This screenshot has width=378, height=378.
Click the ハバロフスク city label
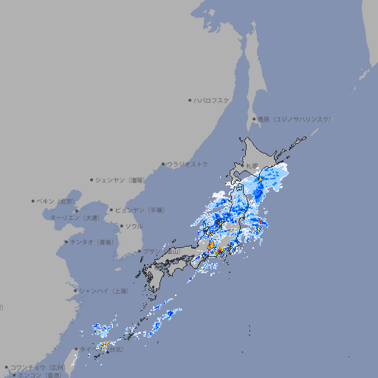(212, 100)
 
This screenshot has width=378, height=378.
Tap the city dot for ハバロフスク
(190, 100)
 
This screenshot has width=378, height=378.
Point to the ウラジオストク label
(188, 164)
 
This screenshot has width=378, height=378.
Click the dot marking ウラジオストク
(163, 165)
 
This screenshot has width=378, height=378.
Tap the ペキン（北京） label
(56, 201)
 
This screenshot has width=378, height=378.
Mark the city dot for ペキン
(33, 201)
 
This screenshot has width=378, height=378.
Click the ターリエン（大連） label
(75, 218)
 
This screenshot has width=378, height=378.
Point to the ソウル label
(133, 226)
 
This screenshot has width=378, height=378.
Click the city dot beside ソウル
(121, 226)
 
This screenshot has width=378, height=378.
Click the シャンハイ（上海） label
(103, 291)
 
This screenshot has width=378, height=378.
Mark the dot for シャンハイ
(75, 291)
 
